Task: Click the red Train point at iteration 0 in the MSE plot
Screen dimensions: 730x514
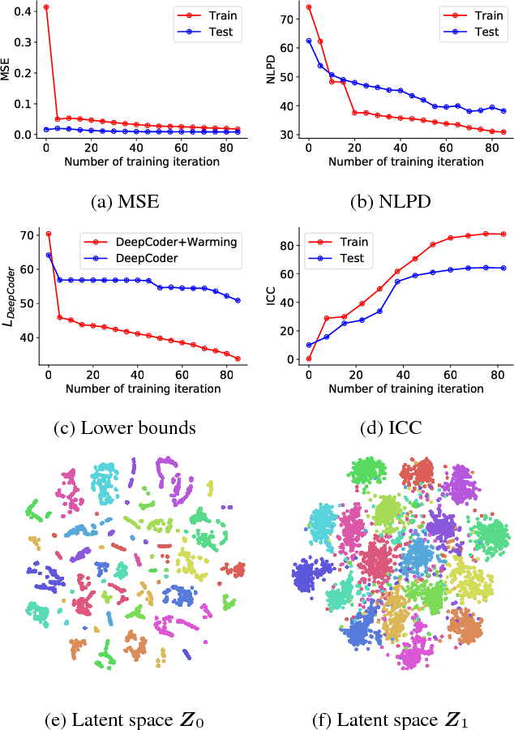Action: pyautogui.click(x=46, y=7)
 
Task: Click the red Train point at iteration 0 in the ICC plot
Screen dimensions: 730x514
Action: pyautogui.click(x=309, y=359)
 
